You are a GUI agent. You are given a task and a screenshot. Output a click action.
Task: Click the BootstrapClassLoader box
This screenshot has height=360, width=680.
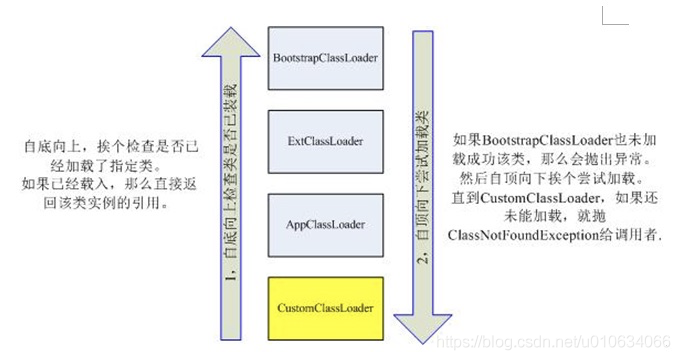[325, 58]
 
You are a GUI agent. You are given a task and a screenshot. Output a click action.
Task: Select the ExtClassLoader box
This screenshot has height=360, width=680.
[325, 138]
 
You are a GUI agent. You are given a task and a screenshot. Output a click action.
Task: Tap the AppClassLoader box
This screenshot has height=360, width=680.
[325, 219]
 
